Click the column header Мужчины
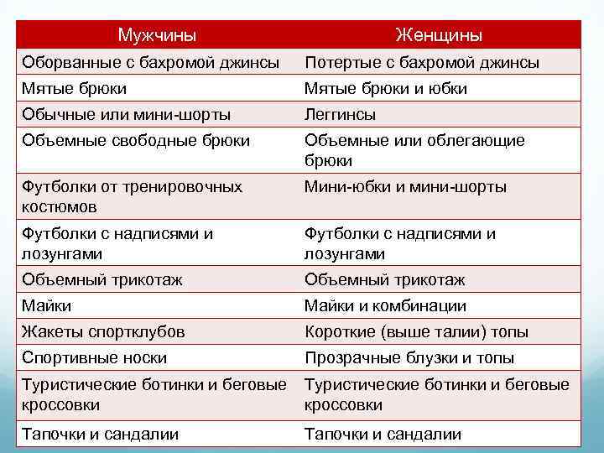pyautogui.click(x=157, y=35)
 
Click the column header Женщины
pyautogui.click(x=439, y=35)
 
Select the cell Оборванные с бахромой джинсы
pyautogui.click(x=152, y=63)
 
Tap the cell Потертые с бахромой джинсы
pyautogui.click(x=422, y=63)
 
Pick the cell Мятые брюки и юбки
pyautogui.click(x=386, y=89)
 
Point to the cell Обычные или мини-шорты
pyautogui.click(x=127, y=114)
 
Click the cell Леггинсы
pyautogui.click(x=340, y=114)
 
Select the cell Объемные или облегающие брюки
pyautogui.click(x=414, y=150)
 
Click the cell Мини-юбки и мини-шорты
pyautogui.click(x=405, y=187)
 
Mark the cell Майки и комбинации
pyautogui.click(x=385, y=306)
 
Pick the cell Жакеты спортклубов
pyautogui.click(x=104, y=332)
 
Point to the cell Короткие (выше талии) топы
pyautogui.click(x=416, y=332)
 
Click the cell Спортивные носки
pyautogui.click(x=95, y=358)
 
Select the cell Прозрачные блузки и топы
pyautogui.click(x=409, y=358)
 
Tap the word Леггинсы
pyautogui.click(x=340, y=114)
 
